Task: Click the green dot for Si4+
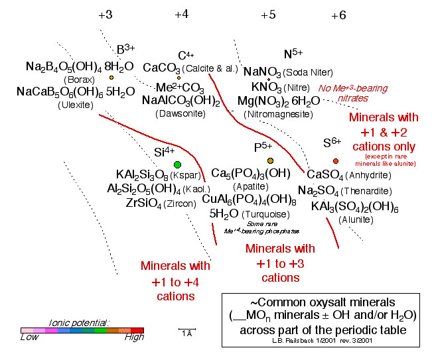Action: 177,164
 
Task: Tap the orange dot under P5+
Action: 270,161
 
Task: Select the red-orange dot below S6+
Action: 336,161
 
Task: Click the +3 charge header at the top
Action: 105,15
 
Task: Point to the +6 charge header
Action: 338,15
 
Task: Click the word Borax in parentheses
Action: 78,80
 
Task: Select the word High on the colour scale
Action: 134,337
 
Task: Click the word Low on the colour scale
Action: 29,337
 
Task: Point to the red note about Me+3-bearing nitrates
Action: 343,93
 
